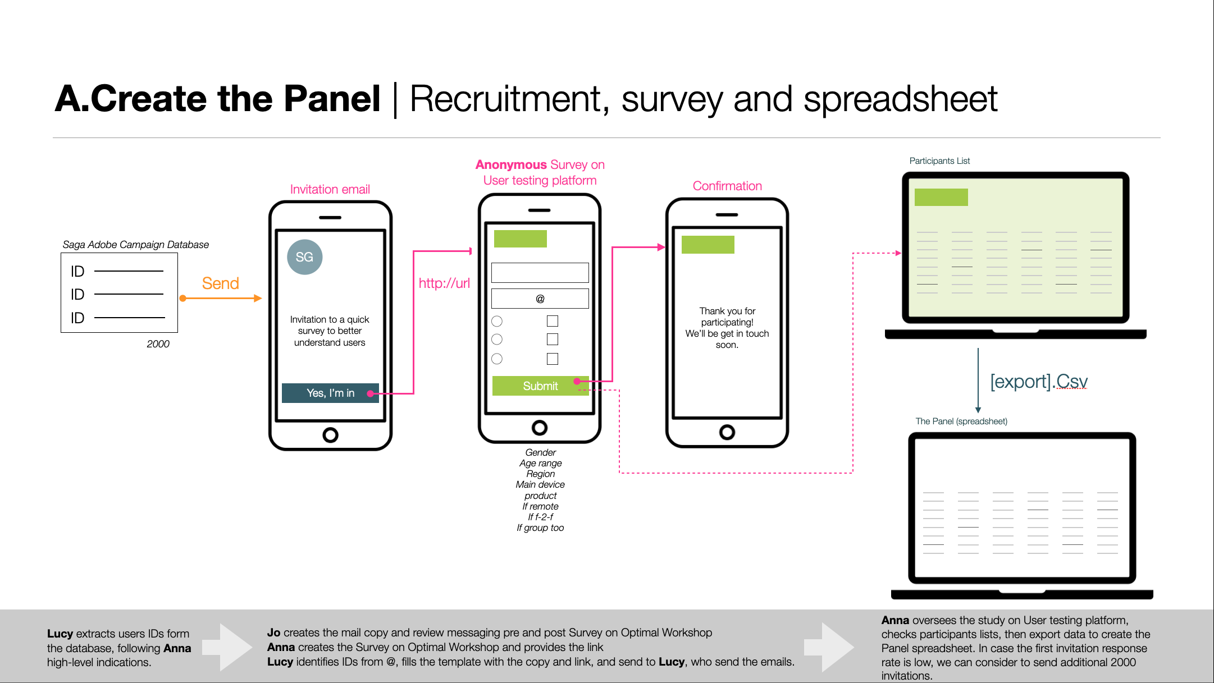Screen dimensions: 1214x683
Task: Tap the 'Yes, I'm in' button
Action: [330, 393]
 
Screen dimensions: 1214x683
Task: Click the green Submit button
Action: [540, 386]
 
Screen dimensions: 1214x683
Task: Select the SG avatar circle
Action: [304, 257]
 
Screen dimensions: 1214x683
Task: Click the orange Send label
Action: [221, 283]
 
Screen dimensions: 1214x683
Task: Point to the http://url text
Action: [444, 283]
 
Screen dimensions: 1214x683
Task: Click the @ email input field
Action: [540, 299]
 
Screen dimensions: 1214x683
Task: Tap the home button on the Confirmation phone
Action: [727, 432]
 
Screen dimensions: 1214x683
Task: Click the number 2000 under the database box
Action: [158, 344]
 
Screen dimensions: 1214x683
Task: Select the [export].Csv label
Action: [1039, 382]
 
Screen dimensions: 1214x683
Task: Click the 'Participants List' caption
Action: [939, 161]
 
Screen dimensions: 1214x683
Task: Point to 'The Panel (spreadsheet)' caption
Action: [961, 421]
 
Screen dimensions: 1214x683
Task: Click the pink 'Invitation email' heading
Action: [330, 190]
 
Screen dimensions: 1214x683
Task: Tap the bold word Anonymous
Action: [511, 165]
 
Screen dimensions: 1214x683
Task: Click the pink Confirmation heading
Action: [727, 186]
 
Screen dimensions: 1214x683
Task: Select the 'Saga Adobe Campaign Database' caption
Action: [135, 245]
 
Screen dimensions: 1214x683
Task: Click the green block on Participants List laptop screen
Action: [941, 198]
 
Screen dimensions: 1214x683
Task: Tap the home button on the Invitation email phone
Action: [331, 435]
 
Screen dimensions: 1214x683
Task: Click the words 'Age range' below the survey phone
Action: [540, 464]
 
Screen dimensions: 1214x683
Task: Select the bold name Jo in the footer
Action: [273, 632]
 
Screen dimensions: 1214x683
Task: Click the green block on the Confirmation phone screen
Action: [708, 245]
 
